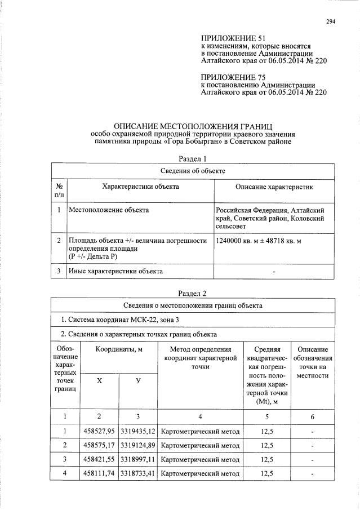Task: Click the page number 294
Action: (330, 22)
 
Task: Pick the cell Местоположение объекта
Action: (109, 210)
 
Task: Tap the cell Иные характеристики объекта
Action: (115, 271)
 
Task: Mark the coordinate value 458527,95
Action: (100, 432)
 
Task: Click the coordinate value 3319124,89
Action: (137, 445)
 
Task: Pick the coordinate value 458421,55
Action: (100, 459)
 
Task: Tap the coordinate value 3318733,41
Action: (137, 473)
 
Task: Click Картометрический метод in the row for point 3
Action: (200, 459)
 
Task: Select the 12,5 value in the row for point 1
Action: (266, 432)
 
